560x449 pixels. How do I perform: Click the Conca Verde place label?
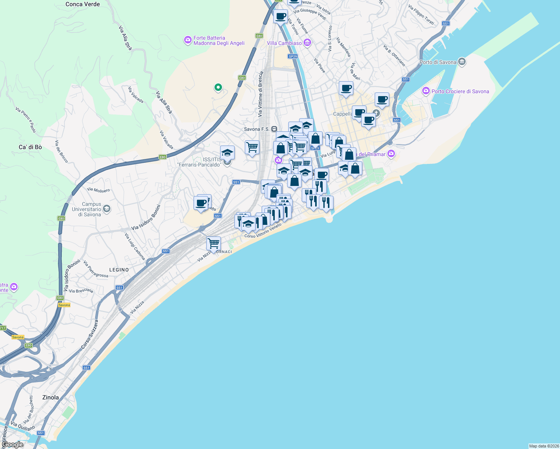point(82,4)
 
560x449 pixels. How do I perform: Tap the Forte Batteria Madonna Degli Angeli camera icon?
point(188,40)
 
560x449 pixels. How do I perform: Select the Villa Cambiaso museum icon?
point(307,43)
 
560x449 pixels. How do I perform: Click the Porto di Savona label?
point(438,62)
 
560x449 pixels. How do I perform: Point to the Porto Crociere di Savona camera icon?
point(426,91)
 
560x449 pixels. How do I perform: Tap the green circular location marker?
point(218,88)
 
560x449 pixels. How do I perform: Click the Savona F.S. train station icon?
point(274,129)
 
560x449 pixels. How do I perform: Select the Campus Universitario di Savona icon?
point(107,209)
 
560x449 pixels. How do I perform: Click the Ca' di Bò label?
point(30,147)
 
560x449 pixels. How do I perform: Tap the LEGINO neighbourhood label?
point(119,270)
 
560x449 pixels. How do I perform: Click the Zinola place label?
point(51,397)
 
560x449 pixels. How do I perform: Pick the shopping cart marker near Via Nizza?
point(213,243)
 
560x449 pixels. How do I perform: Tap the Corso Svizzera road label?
point(90,335)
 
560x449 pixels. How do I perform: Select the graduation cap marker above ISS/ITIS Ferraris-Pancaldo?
point(227,153)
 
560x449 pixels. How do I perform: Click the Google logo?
point(12,445)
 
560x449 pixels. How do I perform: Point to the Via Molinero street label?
point(98,190)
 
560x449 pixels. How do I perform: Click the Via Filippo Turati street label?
point(421,15)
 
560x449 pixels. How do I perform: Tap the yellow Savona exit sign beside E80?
point(64,305)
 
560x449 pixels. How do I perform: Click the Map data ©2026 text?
point(544,446)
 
